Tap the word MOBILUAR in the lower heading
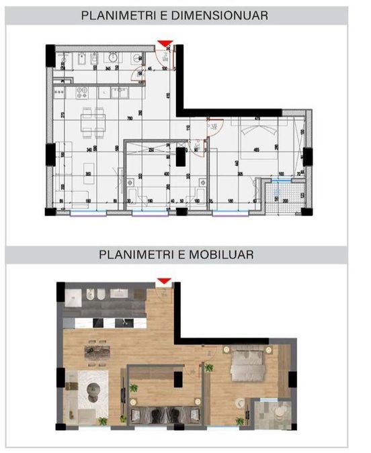(x=214, y=255)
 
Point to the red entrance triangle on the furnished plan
(x=163, y=281)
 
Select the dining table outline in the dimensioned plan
(x=93, y=121)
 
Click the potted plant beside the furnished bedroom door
(x=209, y=367)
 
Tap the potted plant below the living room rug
(x=103, y=421)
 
